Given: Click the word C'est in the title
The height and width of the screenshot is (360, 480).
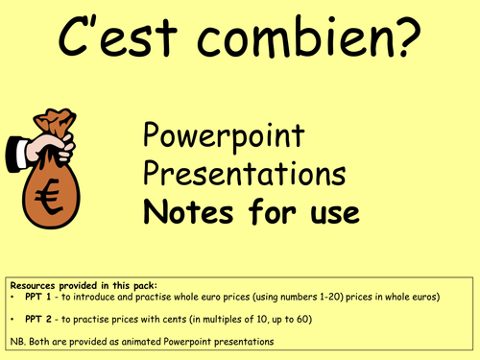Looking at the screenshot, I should tap(124, 39).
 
